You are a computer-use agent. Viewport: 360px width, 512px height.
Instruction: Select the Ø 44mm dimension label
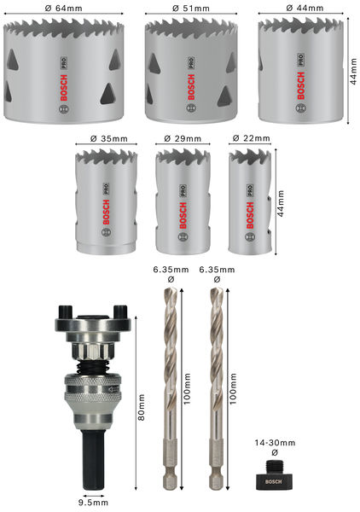(305, 8)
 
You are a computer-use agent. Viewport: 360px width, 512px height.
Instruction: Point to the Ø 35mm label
(105, 137)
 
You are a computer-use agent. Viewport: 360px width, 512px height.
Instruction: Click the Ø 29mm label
(179, 137)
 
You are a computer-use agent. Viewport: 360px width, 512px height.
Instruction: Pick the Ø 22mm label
(251, 137)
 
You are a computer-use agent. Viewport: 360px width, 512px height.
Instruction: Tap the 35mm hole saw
(105, 200)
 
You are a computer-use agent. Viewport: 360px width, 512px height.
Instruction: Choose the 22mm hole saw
(251, 200)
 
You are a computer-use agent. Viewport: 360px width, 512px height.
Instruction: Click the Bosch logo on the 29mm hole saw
(180, 209)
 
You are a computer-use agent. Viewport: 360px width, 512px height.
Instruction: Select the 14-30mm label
(275, 443)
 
